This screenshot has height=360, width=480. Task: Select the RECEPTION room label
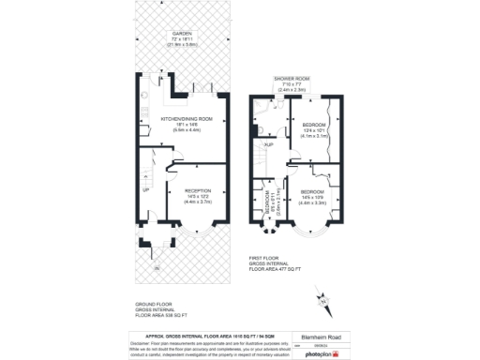point(198,188)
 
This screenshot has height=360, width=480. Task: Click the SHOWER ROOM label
point(292,79)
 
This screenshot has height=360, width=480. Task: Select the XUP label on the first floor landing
point(269,145)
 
